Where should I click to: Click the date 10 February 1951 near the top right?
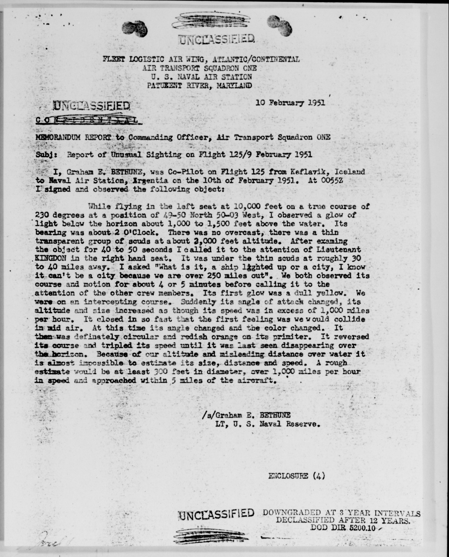point(290,103)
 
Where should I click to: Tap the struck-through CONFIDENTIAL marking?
point(88,120)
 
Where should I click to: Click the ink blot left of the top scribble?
point(134,28)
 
